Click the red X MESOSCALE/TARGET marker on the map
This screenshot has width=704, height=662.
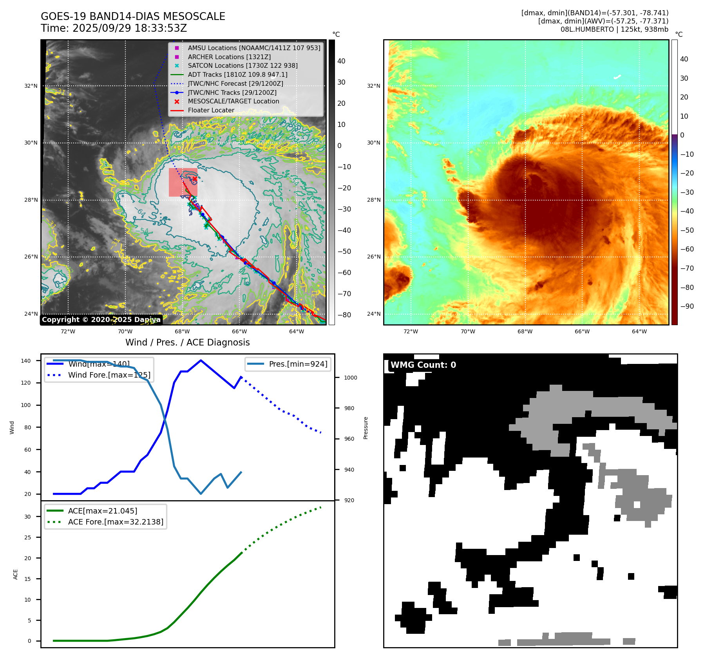click(195, 179)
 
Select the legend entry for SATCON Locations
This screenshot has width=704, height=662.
click(243, 66)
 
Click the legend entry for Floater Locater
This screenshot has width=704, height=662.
click(211, 110)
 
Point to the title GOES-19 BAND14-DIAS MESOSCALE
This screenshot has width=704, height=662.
click(133, 16)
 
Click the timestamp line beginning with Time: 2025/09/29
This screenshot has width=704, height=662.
click(114, 29)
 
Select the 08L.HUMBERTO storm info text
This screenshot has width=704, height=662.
click(614, 29)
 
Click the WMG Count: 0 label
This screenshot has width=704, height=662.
click(423, 365)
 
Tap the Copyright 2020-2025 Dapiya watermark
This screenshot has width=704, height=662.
click(101, 320)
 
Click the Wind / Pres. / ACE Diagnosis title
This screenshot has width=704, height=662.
click(187, 342)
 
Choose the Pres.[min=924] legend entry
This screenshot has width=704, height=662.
click(298, 364)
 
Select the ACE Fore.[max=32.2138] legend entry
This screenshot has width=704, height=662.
click(116, 522)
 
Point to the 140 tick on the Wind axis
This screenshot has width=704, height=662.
click(26, 361)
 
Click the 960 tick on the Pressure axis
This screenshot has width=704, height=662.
click(349, 439)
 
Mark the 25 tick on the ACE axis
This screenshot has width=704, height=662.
click(27, 537)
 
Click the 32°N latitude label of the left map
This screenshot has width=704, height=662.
click(31, 86)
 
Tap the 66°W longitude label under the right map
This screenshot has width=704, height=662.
click(582, 331)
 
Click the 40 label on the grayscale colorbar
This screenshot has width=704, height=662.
click(341, 61)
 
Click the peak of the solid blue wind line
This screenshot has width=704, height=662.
click(201, 360)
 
